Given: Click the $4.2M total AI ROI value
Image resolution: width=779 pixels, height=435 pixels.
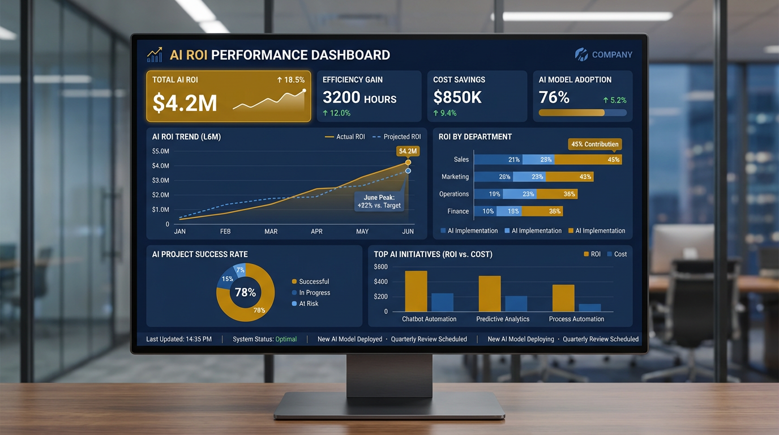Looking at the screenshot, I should [x=185, y=103].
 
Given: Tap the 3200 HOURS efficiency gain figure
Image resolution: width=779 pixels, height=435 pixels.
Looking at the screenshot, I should [x=359, y=97].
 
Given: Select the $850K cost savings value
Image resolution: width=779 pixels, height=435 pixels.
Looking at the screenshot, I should [x=457, y=97].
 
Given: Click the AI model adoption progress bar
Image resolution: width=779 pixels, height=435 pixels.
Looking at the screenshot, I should [x=582, y=113].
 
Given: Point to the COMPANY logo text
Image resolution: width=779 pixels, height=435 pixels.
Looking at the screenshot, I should [x=611, y=55].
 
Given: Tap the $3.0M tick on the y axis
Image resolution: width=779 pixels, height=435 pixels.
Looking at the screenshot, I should [x=161, y=180].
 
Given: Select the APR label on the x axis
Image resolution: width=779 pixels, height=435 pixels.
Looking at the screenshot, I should [x=316, y=231].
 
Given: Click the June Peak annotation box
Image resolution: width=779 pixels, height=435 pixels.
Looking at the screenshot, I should [x=379, y=202].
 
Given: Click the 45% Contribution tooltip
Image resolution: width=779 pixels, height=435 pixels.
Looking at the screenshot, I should [x=594, y=144].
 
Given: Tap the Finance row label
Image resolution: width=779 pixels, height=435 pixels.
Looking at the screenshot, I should [x=458, y=211].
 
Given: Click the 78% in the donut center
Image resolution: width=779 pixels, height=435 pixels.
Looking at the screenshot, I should [x=245, y=293].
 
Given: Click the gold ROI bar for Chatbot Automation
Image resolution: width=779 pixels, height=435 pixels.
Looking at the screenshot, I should [x=416, y=291].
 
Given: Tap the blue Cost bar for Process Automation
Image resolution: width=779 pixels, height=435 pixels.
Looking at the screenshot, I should [x=589, y=308].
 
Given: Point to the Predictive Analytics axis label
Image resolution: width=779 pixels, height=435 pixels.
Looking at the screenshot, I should [x=503, y=319].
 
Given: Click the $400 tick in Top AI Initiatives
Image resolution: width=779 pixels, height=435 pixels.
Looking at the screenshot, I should [x=380, y=282].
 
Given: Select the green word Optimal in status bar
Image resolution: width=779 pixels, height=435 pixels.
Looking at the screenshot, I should [x=286, y=339].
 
